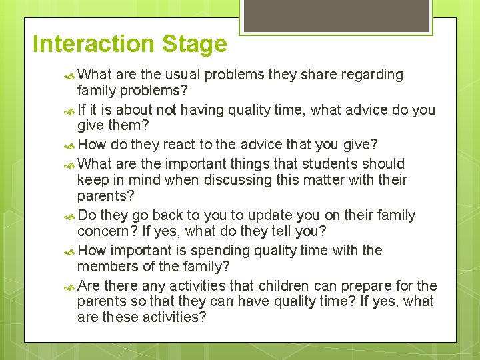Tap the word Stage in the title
195,44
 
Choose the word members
104,267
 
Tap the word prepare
367,285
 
